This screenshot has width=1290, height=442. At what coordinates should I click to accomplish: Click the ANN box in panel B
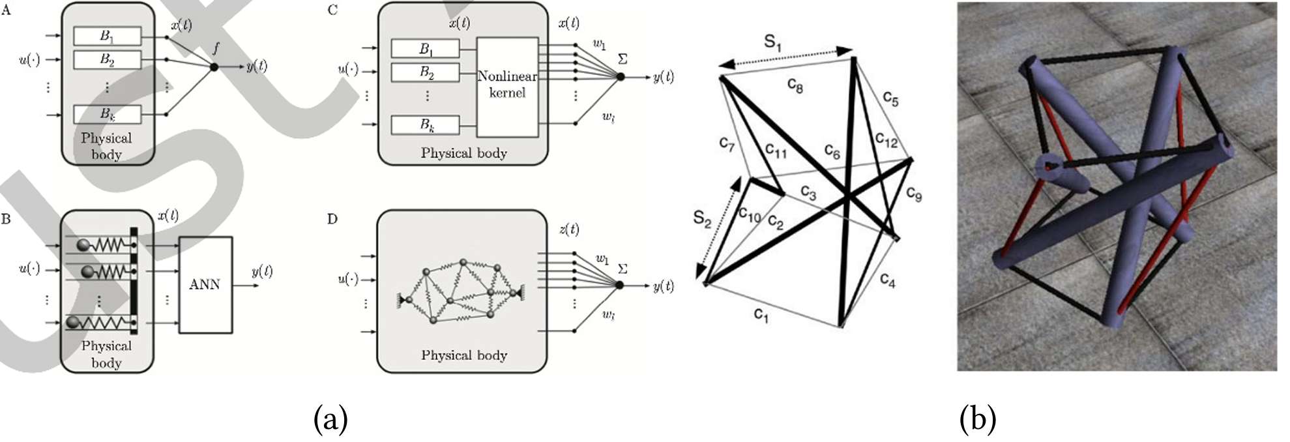tap(205, 284)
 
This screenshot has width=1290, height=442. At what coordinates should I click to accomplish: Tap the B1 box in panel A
tap(107, 36)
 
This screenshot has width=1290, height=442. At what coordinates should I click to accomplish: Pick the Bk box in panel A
tap(107, 114)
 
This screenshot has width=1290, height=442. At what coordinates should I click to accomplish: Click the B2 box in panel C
tap(425, 72)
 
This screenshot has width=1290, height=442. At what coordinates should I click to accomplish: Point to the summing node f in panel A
tap(214, 66)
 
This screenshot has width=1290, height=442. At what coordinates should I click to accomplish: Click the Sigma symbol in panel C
tap(623, 59)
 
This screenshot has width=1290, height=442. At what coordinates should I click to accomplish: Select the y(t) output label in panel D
tap(664, 286)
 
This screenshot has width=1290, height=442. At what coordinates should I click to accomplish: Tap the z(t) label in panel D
tap(568, 229)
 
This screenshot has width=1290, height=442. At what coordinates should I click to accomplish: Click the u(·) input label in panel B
tap(29, 269)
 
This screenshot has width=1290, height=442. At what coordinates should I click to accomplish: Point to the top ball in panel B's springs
tap(85, 245)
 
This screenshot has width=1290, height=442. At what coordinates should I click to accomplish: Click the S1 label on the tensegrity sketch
tap(772, 43)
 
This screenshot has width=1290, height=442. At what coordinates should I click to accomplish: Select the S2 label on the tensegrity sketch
tap(701, 218)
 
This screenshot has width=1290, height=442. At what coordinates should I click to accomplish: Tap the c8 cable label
tap(795, 85)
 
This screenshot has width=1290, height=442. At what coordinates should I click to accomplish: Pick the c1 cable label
tap(761, 315)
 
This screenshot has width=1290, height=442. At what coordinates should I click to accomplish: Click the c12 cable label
tap(886, 140)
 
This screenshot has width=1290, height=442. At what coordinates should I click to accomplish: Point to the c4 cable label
tap(887, 280)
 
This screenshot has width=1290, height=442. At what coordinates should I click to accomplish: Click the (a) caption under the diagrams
tap(330, 419)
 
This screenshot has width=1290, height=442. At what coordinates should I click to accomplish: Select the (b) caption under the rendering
tap(978, 419)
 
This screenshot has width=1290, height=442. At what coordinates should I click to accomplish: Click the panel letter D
tap(332, 219)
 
